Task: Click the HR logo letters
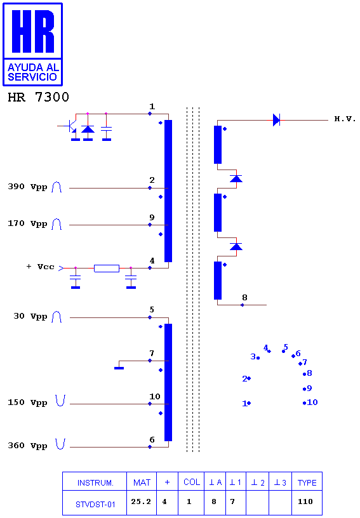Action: [x=33, y=31]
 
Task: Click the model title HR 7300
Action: [x=38, y=97]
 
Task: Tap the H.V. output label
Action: [x=345, y=119]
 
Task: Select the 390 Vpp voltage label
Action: [x=27, y=187]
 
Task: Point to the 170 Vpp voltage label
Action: [x=27, y=223]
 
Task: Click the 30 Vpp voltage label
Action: [x=30, y=317]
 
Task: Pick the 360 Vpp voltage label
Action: [x=27, y=446]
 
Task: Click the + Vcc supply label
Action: [x=40, y=267]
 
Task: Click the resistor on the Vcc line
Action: [x=107, y=269]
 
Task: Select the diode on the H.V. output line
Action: [x=276, y=120]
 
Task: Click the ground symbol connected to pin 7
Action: [x=119, y=368]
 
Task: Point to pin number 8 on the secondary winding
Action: [x=244, y=297]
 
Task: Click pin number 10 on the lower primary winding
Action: [x=154, y=396]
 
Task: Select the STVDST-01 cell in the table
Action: [x=95, y=505]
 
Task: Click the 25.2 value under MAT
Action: [x=141, y=501]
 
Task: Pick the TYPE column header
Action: [x=307, y=482]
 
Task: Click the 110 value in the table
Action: [x=305, y=501]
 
